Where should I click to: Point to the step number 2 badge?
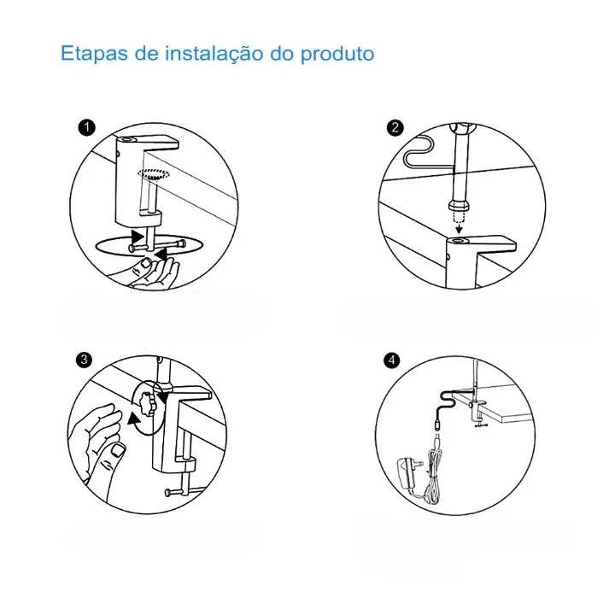coord(394,128)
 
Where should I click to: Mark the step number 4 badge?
coord(392,360)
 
